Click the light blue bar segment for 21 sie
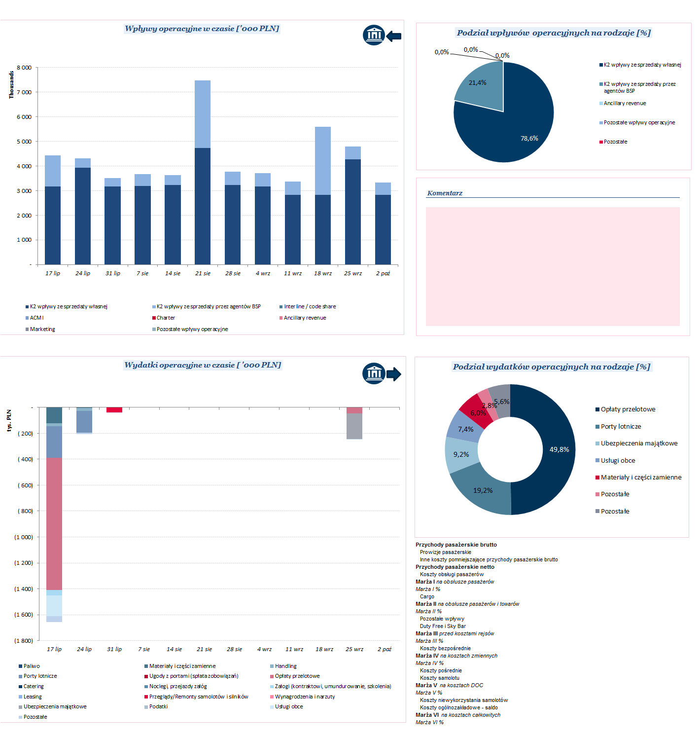click(203, 114)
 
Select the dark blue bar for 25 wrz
click(353, 212)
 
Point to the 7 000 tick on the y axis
click(24, 92)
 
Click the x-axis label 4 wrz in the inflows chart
click(263, 273)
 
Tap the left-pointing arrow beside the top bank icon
click(393, 36)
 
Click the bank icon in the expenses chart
click(374, 373)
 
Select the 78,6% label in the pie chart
click(529, 139)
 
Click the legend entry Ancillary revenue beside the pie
click(625, 104)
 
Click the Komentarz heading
click(445, 193)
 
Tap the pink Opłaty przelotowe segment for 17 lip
click(54, 523)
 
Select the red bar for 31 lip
click(114, 410)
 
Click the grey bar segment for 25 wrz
click(354, 426)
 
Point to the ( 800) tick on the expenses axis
click(25, 511)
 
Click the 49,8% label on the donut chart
click(559, 449)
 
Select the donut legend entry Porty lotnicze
click(621, 427)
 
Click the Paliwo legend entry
click(32, 666)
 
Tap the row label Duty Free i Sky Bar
click(443, 626)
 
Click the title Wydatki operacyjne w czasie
click(203, 365)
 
